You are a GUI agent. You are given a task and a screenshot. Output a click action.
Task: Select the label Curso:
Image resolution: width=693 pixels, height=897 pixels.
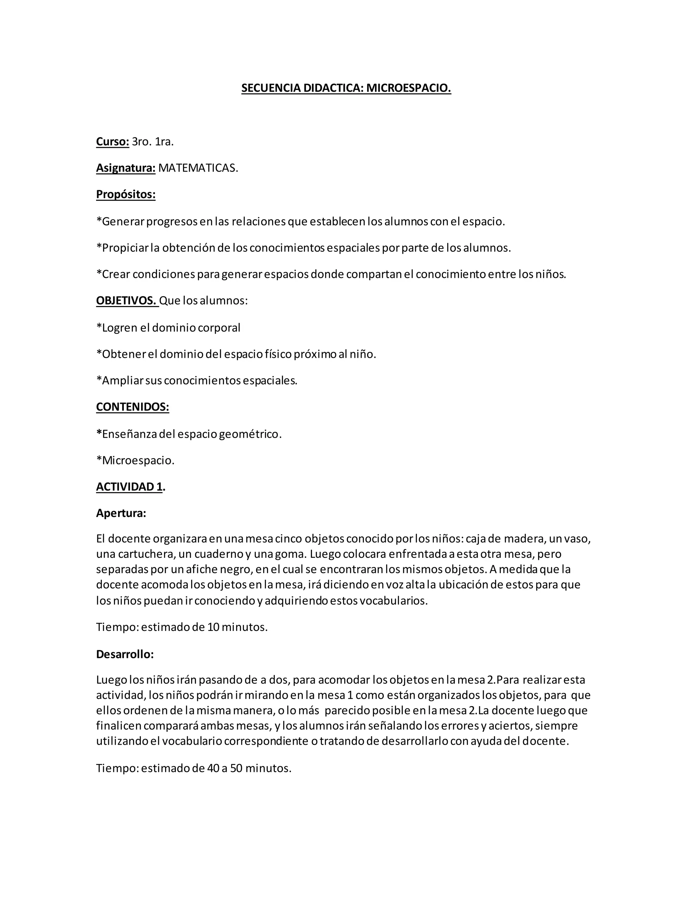pos(112,142)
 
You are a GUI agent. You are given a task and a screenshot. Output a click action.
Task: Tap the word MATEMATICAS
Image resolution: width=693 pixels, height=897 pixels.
pos(198,168)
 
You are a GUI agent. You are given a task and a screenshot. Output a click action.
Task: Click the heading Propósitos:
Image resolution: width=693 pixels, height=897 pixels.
pos(126,194)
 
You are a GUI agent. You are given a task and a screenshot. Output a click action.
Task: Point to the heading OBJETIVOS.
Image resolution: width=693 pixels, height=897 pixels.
pos(127,301)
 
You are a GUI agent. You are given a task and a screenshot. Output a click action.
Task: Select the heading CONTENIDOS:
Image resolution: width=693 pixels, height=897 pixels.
pos(132,407)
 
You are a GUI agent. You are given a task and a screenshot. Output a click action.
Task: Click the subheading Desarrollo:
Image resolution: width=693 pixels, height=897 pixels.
pos(125,654)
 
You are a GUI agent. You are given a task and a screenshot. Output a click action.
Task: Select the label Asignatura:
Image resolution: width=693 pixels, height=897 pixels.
pos(126,168)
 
